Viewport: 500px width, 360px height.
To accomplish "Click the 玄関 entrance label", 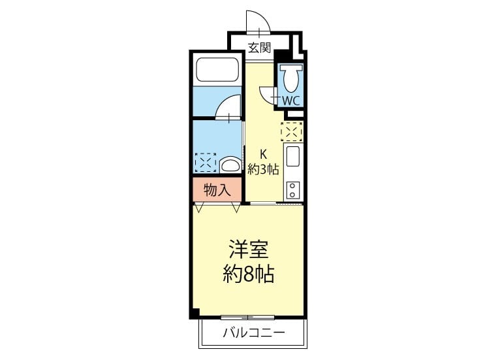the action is tap(260, 48).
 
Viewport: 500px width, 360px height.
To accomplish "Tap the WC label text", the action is tap(291, 101).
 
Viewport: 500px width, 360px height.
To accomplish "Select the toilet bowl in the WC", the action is tap(290, 78).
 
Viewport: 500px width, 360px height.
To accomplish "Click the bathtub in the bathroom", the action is tap(217, 70).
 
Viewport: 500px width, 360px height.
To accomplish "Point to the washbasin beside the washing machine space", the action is tap(230, 165).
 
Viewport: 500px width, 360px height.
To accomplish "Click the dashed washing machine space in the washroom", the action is tap(206, 163).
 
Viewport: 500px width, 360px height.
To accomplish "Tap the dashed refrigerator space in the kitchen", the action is tap(292, 131).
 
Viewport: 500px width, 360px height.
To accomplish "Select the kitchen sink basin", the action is tap(292, 156).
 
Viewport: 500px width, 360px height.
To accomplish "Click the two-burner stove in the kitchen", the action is tap(293, 190).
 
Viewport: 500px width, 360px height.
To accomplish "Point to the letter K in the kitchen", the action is tap(263, 154).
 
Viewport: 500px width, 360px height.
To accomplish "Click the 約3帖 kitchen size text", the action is tap(264, 169).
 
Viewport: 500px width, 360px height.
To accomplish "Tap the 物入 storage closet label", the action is tap(217, 190).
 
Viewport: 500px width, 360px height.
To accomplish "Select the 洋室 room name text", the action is tap(249, 249).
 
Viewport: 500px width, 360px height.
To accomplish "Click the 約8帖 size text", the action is tap(249, 274).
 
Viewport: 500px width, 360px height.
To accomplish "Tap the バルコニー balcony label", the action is tap(254, 333).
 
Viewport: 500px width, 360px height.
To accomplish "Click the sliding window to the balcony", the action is tap(247, 318).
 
